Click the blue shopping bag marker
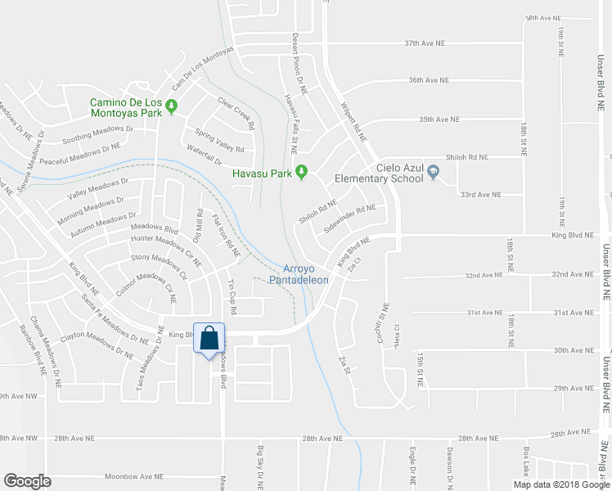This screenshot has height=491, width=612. [209, 337]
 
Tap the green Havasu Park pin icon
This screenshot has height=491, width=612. [301, 172]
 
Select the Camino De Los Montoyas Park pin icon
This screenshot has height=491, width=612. [172, 106]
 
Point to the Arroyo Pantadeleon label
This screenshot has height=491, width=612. [305, 274]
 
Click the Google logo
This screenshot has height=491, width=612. [28, 480]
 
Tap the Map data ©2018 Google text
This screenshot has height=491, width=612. [561, 484]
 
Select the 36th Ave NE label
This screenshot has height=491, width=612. [430, 80]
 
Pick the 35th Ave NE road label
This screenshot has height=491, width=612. [439, 119]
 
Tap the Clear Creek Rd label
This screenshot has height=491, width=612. [236, 115]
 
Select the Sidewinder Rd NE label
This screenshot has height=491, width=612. [349, 219]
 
